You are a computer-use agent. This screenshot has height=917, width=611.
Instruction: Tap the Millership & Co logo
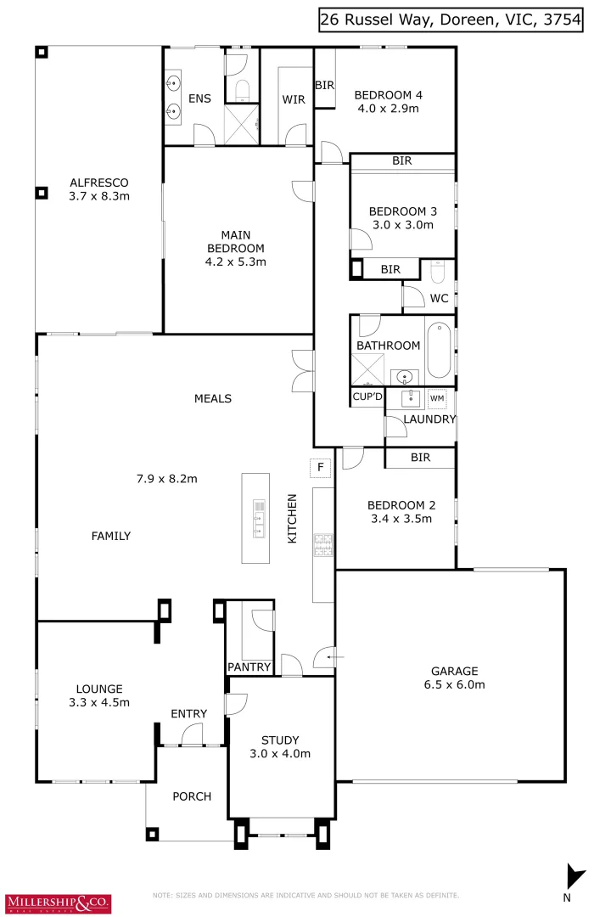coord(58,902)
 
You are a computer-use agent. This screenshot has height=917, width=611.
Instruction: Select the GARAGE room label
coord(453,670)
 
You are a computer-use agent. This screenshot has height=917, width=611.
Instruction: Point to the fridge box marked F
coord(321,468)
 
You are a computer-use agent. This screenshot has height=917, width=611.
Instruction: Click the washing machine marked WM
coord(437,397)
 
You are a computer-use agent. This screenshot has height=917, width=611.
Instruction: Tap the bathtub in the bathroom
coord(439,350)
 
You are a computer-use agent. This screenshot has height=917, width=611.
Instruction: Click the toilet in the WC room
coord(438,272)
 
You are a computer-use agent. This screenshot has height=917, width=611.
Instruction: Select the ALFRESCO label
coord(98,183)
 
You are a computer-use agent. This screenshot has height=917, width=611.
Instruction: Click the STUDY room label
coord(280,740)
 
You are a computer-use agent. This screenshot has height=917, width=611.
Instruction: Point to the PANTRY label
coord(249,667)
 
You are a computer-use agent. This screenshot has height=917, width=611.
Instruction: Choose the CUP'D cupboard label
coord(367,397)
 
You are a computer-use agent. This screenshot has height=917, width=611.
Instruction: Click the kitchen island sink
coord(256,519)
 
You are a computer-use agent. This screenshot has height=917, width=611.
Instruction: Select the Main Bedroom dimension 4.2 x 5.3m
coord(236,262)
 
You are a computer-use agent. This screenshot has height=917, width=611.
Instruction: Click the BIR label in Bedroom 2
coord(419,458)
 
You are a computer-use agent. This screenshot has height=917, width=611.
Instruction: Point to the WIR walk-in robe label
coord(294,99)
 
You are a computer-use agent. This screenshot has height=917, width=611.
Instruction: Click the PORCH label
coord(192,796)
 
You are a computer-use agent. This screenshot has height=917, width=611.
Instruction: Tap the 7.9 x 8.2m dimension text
coord(167,478)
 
